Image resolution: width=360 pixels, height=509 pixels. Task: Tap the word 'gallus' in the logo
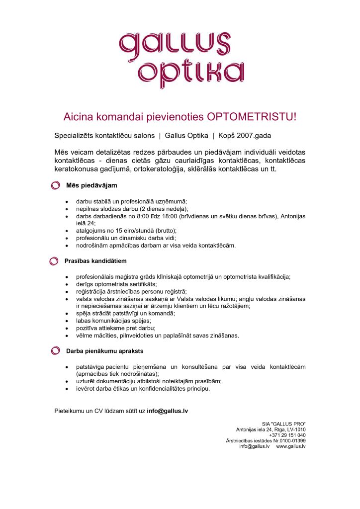[175, 44]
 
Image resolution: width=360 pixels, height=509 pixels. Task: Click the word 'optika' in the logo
[191, 74]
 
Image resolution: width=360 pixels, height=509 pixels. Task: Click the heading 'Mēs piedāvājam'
[91, 186]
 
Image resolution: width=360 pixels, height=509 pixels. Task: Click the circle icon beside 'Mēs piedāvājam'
[56, 186]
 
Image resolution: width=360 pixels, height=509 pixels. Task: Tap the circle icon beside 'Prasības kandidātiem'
[54, 261]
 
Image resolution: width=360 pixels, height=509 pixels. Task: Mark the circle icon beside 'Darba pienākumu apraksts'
[56, 351]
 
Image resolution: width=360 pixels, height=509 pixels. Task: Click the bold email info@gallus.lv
[167, 411]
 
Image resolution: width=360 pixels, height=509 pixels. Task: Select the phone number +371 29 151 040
[287, 435]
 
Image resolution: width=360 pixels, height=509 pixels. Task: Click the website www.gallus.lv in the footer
[291, 446]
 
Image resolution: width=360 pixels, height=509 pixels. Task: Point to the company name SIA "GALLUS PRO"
[284, 424]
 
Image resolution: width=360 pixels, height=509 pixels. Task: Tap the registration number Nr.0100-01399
[288, 440]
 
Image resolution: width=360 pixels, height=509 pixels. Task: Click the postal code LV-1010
[294, 429]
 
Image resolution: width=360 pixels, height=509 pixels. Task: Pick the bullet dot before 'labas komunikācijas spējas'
[67, 321]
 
